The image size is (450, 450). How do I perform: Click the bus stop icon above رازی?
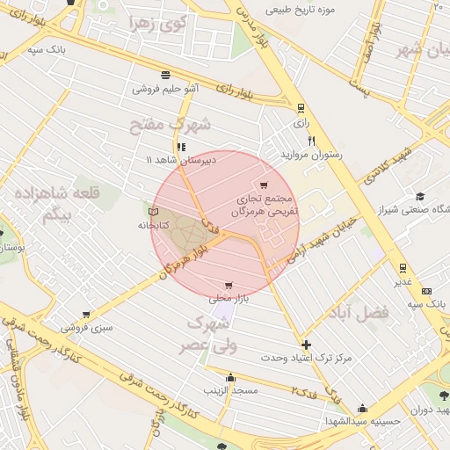pos(301,108)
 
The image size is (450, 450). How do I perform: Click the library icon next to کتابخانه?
pos(155,212)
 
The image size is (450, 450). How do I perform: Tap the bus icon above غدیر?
pos(403,267)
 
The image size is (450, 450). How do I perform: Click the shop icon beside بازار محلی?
pos(229,286)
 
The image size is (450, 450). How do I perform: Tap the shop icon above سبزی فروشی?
pos(85,314)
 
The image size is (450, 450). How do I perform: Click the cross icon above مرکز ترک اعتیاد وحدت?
pos(306,345)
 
